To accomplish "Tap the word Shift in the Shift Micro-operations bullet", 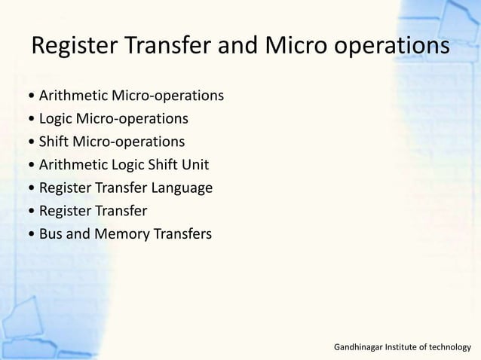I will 54,142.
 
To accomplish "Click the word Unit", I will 195,165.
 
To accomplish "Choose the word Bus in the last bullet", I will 51,234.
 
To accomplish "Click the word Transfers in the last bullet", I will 180,234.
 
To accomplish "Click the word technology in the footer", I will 450,347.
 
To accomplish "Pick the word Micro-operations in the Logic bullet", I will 133,118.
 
